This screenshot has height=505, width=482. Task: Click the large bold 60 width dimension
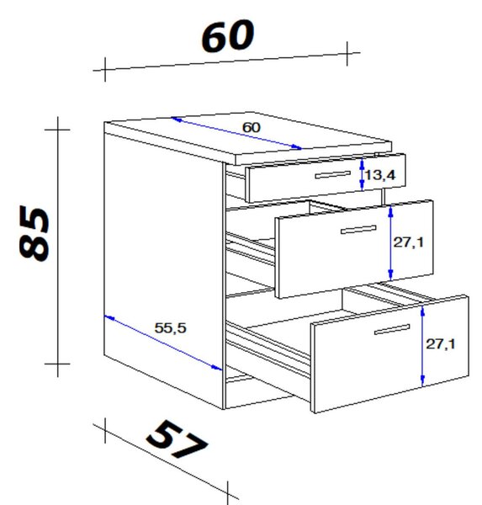(x=228, y=35)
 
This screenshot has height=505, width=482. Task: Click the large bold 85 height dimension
(x=34, y=233)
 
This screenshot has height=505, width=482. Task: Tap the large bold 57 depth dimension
(x=177, y=439)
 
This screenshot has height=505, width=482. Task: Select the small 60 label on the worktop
(x=252, y=128)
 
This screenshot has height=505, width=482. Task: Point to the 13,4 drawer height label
(x=380, y=175)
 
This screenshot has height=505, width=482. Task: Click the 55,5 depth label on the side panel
(x=170, y=328)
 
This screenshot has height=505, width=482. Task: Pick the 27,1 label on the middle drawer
(x=409, y=242)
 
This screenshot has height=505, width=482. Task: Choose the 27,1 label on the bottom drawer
(x=441, y=344)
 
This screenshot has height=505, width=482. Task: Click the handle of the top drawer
(x=333, y=174)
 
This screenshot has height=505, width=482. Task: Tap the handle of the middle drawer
(x=358, y=230)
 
